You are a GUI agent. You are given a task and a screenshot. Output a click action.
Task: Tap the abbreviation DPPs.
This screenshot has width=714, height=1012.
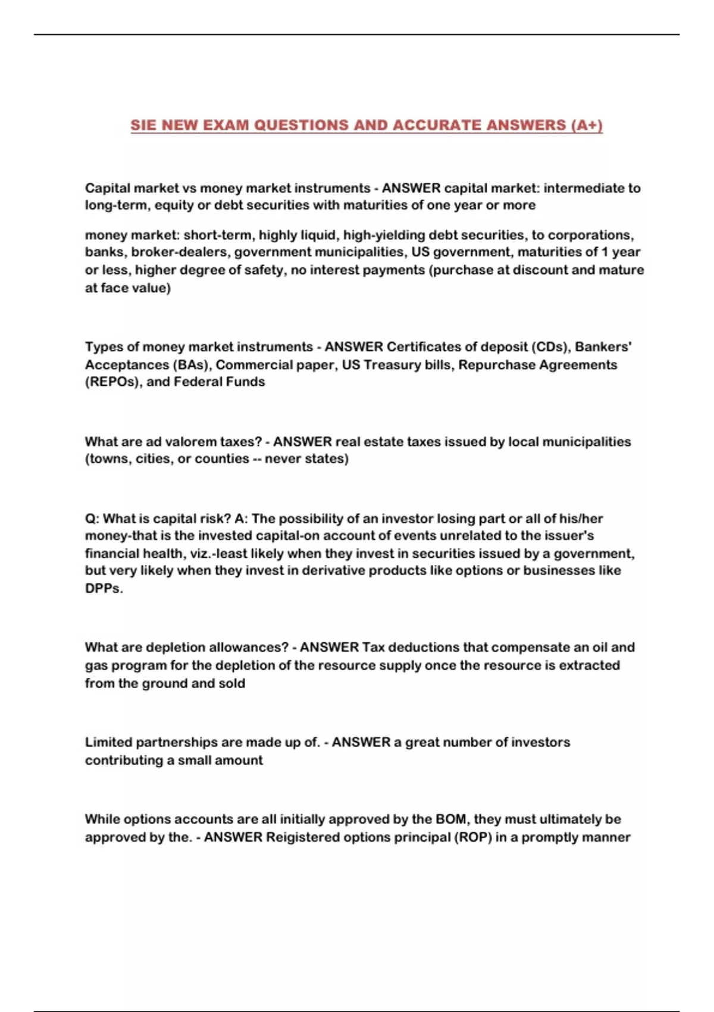pos(104,588)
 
